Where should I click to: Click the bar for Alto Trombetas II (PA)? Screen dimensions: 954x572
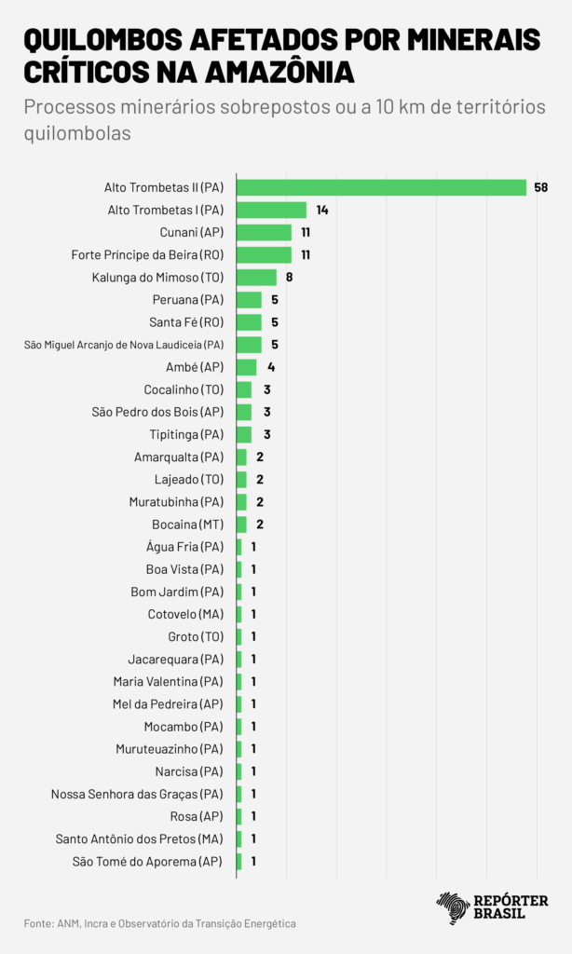(382, 187)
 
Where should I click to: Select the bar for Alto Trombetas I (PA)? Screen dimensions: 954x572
(271, 210)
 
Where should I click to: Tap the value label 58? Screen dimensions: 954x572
(541, 187)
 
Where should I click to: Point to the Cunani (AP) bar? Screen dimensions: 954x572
(264, 232)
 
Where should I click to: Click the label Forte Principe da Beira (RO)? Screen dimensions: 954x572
(147, 254)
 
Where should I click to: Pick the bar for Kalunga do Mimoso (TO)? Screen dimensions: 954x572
(256, 277)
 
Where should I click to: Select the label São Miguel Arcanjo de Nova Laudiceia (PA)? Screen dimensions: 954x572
(124, 345)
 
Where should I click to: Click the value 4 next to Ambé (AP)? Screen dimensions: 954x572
(271, 367)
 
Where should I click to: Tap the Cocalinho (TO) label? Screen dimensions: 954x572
(184, 389)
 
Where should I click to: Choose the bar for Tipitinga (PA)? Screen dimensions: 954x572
(244, 434)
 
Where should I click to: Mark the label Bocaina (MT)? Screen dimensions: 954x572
(187, 525)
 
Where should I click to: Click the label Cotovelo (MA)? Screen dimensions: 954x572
(185, 614)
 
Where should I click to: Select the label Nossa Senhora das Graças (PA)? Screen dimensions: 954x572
(137, 794)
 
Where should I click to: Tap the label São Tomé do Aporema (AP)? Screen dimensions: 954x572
(147, 861)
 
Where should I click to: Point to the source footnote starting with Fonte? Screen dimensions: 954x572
(159, 923)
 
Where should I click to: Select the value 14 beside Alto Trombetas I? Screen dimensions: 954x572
(321, 210)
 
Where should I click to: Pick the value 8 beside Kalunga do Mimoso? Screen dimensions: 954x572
(289, 277)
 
